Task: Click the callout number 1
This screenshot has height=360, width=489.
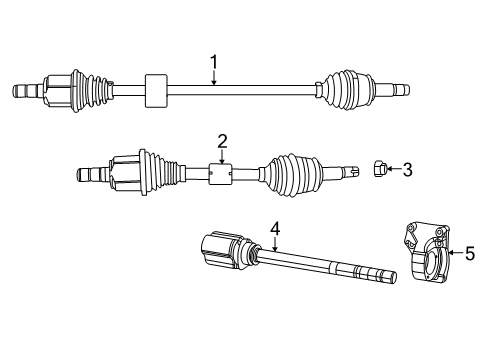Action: [214, 64]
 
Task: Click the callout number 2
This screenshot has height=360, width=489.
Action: [223, 141]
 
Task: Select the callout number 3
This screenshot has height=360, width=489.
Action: [407, 170]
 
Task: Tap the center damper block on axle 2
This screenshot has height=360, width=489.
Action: [222, 174]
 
